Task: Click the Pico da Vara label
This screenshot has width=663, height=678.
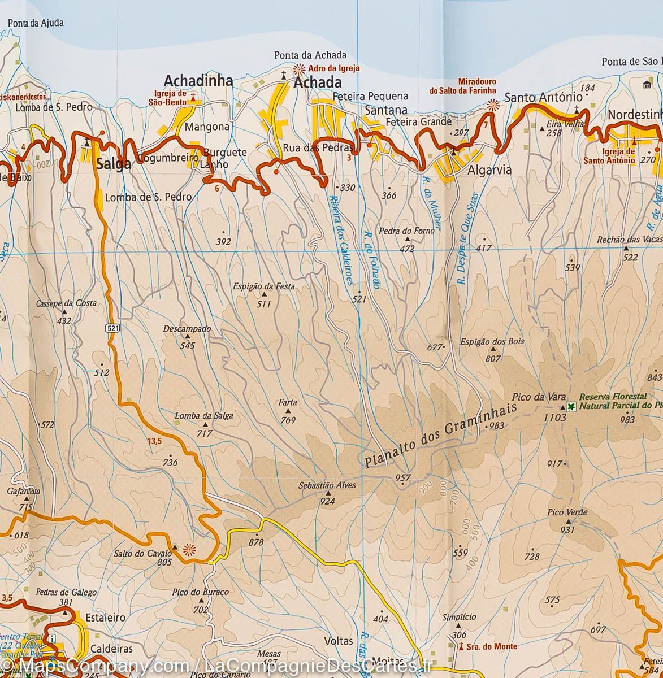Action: (539, 397)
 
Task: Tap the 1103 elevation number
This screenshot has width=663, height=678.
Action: (554, 418)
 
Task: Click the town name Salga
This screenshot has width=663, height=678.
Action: (113, 164)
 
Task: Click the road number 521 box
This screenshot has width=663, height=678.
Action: (112, 328)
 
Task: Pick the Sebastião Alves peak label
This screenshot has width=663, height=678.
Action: (327, 485)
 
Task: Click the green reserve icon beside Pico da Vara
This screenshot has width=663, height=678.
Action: (571, 407)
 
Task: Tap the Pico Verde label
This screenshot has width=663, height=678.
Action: (567, 512)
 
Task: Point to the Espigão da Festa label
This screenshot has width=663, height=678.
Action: (263, 286)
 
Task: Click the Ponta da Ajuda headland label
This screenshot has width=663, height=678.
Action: (36, 23)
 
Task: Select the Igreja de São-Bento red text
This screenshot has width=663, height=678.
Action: (170, 98)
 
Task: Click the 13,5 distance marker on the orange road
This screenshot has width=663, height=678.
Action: (154, 441)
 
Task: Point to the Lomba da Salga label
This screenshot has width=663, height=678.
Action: (203, 416)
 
